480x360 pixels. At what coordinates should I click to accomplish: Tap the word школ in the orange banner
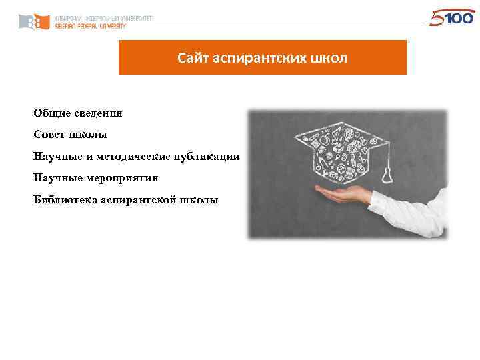coord(329,58)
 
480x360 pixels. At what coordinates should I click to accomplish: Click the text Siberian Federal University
coord(81,25)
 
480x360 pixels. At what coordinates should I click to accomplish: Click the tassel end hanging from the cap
coord(385,176)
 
